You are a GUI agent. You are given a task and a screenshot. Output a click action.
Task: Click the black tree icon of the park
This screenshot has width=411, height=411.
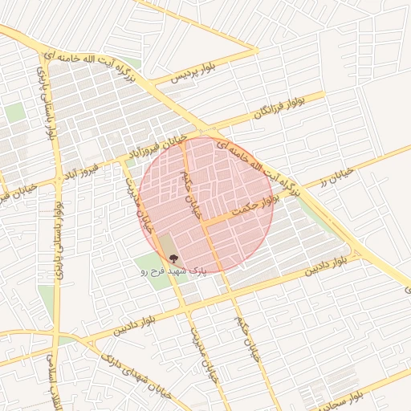173,258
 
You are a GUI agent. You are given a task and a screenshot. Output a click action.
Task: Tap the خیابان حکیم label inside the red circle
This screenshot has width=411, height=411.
191,189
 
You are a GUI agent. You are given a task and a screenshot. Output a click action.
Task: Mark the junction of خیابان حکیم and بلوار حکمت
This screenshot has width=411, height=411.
204,224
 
